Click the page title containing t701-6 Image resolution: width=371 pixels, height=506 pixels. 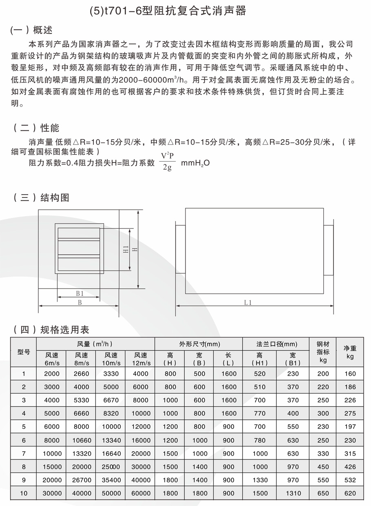(x=168, y=11)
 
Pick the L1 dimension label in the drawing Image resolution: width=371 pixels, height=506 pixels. (x=248, y=302)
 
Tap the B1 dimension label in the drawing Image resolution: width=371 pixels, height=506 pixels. (x=79, y=293)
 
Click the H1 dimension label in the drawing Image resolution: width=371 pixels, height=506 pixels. (x=126, y=249)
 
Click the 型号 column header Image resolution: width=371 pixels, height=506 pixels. (x=24, y=352)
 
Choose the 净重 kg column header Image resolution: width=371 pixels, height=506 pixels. (x=350, y=352)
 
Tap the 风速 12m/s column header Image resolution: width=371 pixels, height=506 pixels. (x=140, y=359)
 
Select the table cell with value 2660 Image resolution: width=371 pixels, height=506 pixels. (x=82, y=374)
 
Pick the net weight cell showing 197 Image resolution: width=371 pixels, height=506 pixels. (x=350, y=427)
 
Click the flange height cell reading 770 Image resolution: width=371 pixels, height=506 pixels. (x=259, y=413)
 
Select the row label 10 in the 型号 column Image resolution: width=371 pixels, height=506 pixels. (x=24, y=493)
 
